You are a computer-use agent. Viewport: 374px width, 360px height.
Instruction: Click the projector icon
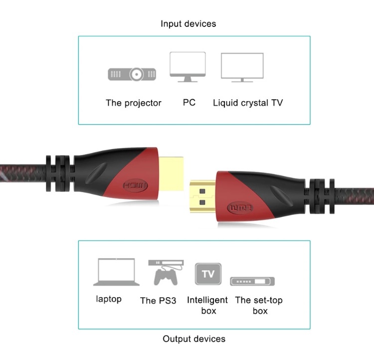(x=132, y=74)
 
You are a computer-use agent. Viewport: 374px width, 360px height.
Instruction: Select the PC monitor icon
(x=187, y=67)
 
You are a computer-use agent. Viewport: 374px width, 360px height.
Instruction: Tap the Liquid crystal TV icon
(x=242, y=67)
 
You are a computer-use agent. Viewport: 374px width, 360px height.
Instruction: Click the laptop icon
(x=116, y=272)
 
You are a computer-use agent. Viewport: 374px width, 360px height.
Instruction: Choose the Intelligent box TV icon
(x=208, y=274)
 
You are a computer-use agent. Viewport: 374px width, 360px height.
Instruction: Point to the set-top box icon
(x=252, y=281)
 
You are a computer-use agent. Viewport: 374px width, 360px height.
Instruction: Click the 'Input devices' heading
(x=188, y=24)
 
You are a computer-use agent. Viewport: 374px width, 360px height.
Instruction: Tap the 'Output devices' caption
(x=194, y=339)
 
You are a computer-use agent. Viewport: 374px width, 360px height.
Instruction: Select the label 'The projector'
(x=134, y=103)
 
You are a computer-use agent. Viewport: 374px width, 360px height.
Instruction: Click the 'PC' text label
(x=189, y=103)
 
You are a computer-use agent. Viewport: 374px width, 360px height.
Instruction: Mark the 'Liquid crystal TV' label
(x=248, y=103)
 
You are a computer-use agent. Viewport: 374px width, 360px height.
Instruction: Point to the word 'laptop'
(x=109, y=299)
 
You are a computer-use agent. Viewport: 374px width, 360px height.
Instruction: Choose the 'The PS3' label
(x=158, y=301)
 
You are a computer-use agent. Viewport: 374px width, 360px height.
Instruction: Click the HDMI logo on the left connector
(x=135, y=185)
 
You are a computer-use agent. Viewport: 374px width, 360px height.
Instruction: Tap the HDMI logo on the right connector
(x=240, y=207)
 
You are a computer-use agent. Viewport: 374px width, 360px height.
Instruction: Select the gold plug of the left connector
(x=171, y=174)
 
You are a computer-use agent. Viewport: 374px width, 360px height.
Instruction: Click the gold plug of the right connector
(x=202, y=197)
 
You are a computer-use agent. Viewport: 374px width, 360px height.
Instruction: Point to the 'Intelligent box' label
(x=207, y=305)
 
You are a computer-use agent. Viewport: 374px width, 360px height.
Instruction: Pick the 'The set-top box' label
(x=259, y=305)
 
